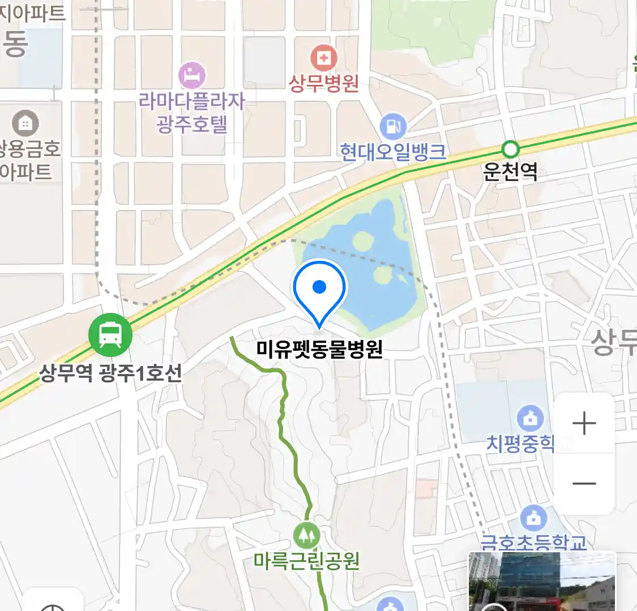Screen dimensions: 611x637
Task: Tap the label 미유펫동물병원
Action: (319, 349)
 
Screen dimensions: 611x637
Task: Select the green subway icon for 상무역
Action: (110, 334)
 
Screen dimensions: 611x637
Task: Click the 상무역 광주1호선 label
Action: (110, 373)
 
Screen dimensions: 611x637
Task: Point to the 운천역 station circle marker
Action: (510, 149)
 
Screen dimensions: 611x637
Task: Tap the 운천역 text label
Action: (510, 171)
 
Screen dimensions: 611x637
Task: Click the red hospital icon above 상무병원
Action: (324, 58)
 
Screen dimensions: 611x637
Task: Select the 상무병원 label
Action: (324, 83)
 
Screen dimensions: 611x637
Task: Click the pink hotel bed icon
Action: (192, 75)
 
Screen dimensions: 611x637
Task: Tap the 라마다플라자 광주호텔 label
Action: (192, 113)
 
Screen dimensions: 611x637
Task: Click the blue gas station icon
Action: (393, 126)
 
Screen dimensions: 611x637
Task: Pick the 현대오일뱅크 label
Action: (393, 152)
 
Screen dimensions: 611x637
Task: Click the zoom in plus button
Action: (584, 423)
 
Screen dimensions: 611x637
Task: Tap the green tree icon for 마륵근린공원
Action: (307, 535)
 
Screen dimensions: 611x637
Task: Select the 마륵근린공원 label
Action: (306, 561)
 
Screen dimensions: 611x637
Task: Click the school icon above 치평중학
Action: (530, 419)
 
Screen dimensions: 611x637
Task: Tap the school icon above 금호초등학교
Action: (533, 518)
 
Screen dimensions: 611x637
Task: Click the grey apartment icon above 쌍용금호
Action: (25, 123)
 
